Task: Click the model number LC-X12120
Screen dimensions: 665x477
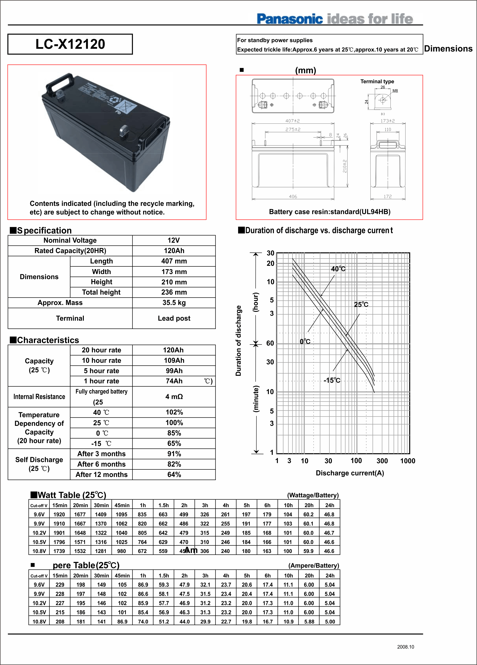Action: pos(70,44)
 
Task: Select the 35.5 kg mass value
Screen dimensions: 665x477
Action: pos(174,303)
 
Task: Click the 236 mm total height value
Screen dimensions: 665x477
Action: pos(174,292)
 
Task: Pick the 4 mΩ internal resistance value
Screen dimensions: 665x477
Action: pos(174,396)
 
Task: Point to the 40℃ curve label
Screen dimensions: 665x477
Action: pos(338,269)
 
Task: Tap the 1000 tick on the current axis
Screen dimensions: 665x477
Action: pos(407,461)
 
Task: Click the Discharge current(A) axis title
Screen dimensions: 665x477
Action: pos(350,473)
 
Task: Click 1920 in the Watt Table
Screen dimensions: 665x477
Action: pos(59,514)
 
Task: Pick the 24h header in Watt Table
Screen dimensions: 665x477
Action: pos(330,505)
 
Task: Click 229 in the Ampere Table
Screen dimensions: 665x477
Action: pos(60,585)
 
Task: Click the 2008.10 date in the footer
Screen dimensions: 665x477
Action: pos(406,647)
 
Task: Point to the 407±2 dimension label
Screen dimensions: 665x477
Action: pos(293,121)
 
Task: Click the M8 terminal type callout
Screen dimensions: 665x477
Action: pos(395,91)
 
